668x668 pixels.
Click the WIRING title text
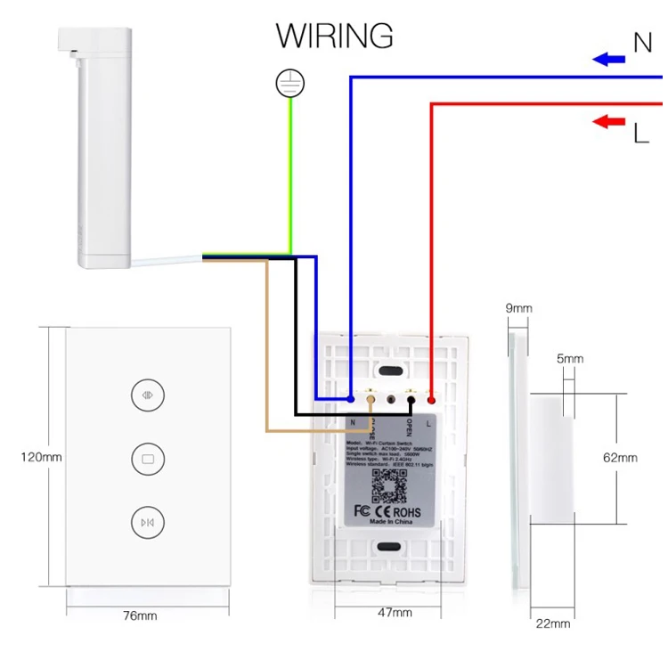click(334, 36)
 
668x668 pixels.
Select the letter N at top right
click(642, 41)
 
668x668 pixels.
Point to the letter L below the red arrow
click(641, 134)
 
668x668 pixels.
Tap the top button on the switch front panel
click(147, 395)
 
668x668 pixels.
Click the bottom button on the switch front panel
click(147, 522)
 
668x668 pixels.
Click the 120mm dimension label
click(41, 458)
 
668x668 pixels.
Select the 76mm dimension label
click(140, 615)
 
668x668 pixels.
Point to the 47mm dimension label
click(395, 613)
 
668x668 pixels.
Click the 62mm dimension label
click(620, 458)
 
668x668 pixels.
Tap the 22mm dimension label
click(552, 623)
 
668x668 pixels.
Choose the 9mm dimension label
click(518, 308)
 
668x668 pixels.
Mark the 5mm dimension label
click(570, 359)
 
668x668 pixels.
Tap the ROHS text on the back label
click(407, 513)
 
